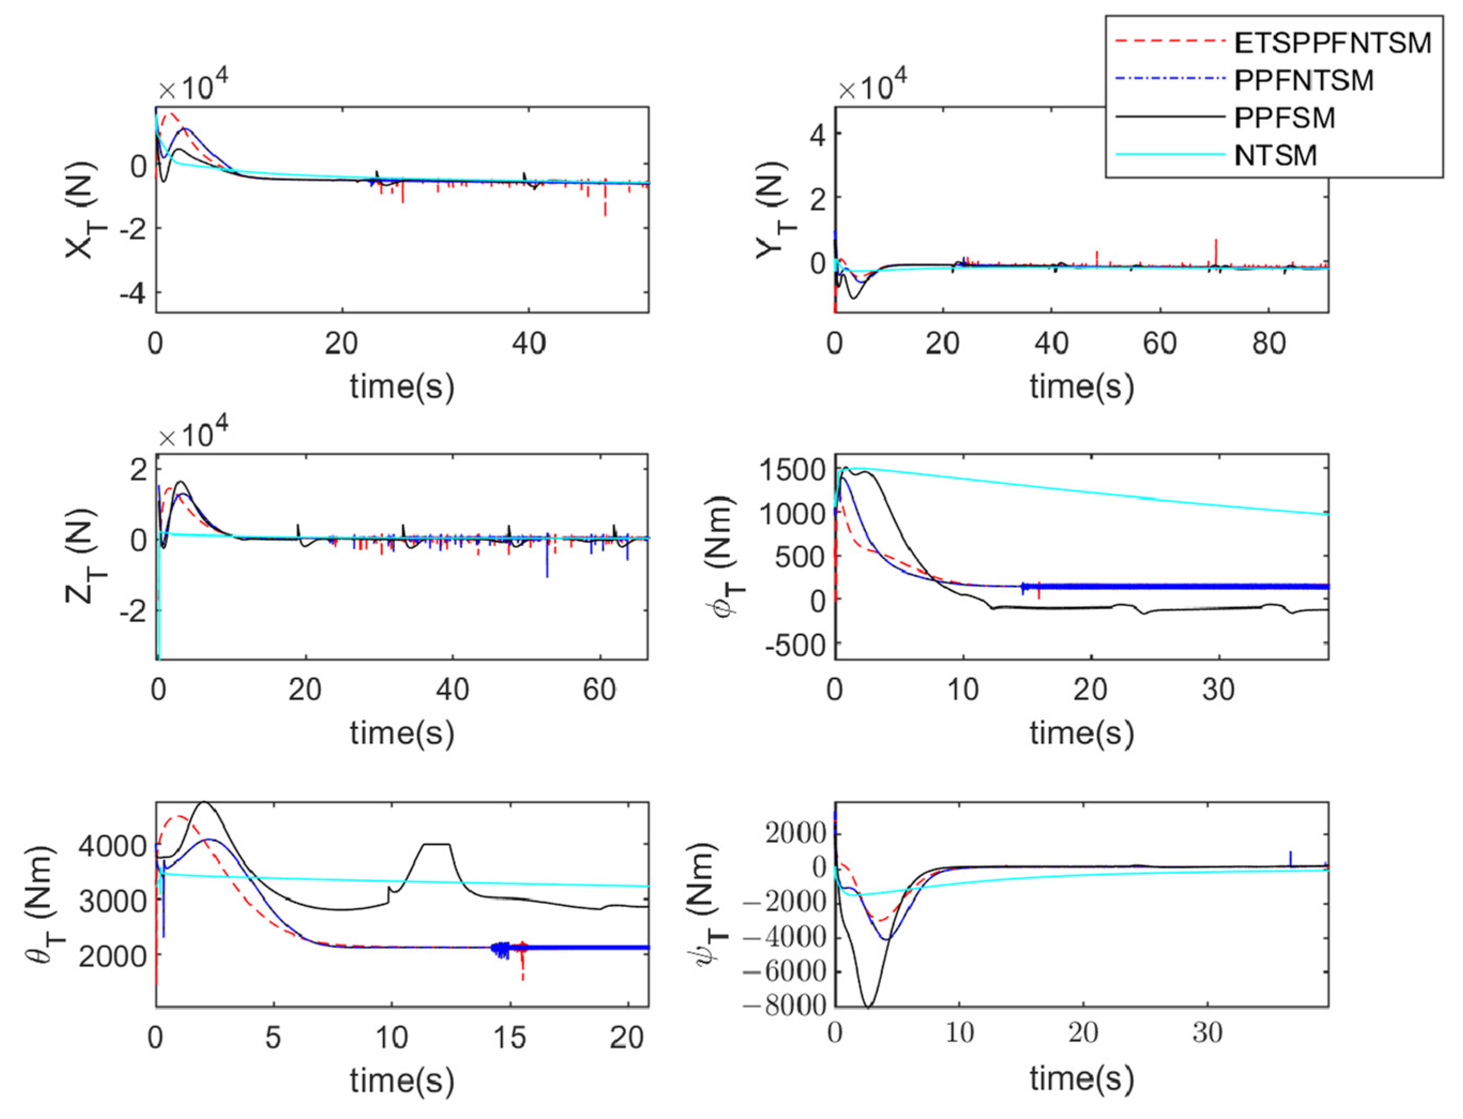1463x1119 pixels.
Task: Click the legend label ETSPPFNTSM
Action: (1332, 43)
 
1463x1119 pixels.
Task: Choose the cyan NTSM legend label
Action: (1275, 156)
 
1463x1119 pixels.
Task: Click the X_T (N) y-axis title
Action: (82, 210)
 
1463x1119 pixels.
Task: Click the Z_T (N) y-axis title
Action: (82, 557)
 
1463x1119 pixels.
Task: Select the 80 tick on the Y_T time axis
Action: (1269, 344)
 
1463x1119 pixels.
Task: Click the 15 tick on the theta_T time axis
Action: (510, 1037)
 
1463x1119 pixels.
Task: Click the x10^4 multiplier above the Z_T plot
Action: (194, 435)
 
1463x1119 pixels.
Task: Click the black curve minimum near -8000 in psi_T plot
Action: (868, 1005)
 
